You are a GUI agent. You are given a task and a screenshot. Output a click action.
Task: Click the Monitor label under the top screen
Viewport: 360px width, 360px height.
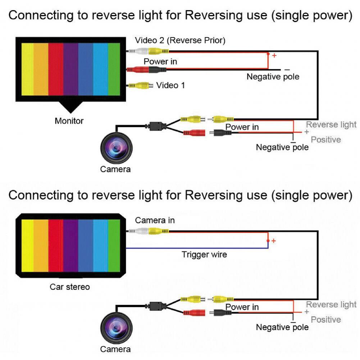[x=69, y=121]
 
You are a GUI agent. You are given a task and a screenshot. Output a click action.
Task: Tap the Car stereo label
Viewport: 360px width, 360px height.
[x=70, y=287]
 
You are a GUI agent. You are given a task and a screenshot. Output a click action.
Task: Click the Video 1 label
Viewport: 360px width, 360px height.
[x=170, y=85]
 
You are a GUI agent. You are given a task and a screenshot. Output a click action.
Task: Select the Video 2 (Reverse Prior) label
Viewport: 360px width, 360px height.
[x=180, y=41]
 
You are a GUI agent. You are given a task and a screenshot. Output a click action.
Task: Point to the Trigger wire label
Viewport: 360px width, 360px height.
[x=204, y=255]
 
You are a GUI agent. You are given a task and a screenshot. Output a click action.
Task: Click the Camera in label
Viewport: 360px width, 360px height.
[x=155, y=220]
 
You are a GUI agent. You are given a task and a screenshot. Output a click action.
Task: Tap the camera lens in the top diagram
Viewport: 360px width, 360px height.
[x=116, y=147]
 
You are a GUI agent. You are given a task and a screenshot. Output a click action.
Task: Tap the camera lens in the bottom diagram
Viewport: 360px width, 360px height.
[x=116, y=328]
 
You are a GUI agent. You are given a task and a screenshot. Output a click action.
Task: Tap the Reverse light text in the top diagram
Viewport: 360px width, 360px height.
[x=331, y=125]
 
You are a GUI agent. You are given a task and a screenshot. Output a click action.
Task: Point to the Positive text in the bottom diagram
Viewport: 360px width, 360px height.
[x=326, y=320]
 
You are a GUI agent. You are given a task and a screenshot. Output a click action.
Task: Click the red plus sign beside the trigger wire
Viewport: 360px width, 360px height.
[x=274, y=241]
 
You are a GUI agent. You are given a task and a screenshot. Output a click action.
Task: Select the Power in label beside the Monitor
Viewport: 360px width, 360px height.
[x=160, y=61]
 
